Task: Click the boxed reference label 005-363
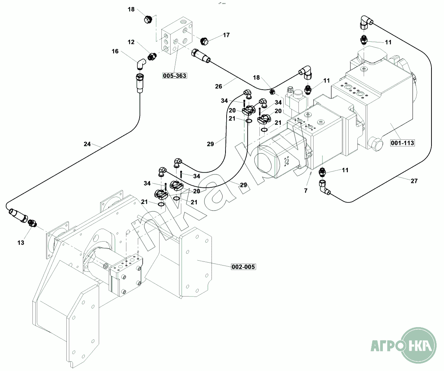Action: coord(175,76)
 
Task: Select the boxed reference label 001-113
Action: coord(403,143)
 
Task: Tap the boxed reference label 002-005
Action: coord(243,267)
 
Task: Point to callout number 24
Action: coord(87,144)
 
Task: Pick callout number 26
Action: coord(218,86)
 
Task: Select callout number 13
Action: coord(21,242)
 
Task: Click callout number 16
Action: coord(115,51)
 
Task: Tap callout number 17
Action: coord(226,35)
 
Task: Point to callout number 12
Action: coord(131,42)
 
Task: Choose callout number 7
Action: coord(305,190)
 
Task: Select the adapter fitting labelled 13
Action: coord(32,223)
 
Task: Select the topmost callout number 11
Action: coord(388,42)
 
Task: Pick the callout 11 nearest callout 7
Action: coord(345,170)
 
